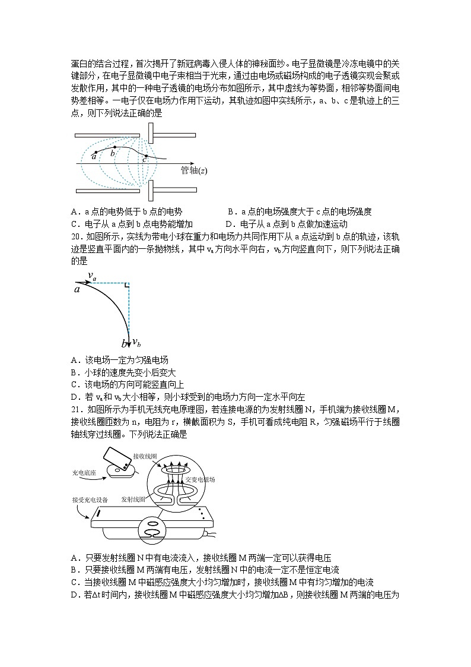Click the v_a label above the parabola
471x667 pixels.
pyautogui.click(x=92, y=276)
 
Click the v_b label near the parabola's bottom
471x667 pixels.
pyautogui.click(x=136, y=342)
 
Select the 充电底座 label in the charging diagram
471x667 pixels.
pyautogui.click(x=83, y=473)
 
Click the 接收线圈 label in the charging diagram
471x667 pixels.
pyautogui.click(x=145, y=456)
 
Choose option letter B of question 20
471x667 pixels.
pyautogui.click(x=74, y=372)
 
